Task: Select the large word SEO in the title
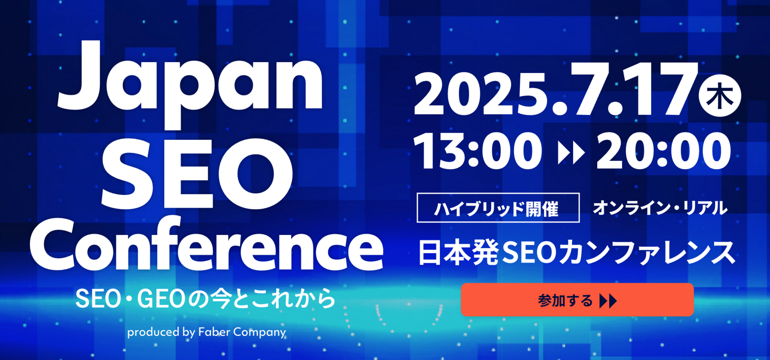(x=197, y=173)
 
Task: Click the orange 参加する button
(x=577, y=300)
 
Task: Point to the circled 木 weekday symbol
(x=720, y=96)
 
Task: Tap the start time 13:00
(x=478, y=151)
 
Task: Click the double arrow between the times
(x=571, y=152)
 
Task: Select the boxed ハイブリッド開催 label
(x=498, y=208)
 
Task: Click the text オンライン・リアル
(x=660, y=208)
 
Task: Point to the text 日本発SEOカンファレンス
(x=577, y=253)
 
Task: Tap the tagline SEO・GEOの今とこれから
(x=205, y=299)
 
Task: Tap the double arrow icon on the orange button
(x=608, y=301)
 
